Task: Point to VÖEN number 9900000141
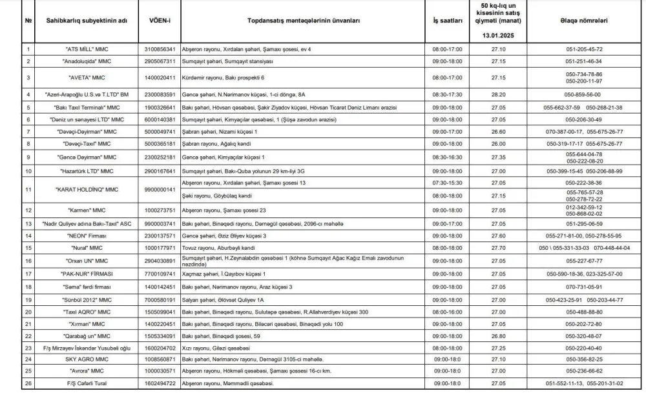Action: (x=158, y=190)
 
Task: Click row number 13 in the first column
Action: (x=28, y=223)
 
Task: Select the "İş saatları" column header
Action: (x=447, y=21)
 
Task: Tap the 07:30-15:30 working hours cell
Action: (x=447, y=183)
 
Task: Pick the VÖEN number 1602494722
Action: (x=158, y=383)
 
